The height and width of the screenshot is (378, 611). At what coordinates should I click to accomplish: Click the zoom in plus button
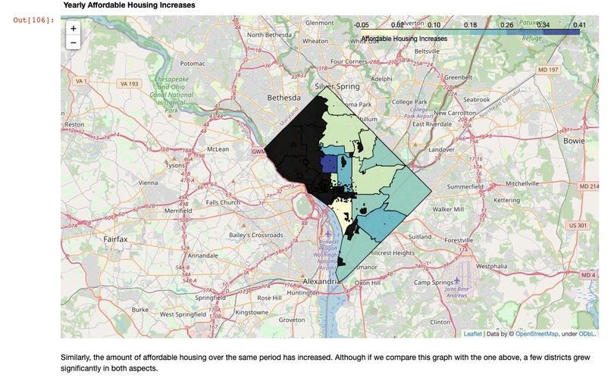(74, 28)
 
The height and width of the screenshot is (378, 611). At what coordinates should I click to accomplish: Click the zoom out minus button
(74, 42)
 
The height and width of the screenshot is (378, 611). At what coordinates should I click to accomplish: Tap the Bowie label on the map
(575, 141)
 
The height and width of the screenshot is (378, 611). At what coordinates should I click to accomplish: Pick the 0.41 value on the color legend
(580, 26)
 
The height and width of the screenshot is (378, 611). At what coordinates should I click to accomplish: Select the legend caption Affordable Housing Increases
(404, 37)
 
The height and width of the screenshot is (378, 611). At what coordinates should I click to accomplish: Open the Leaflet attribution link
(472, 333)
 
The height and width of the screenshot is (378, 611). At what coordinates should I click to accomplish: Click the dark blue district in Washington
(329, 164)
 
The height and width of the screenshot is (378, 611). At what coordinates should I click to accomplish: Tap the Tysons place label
(175, 165)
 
